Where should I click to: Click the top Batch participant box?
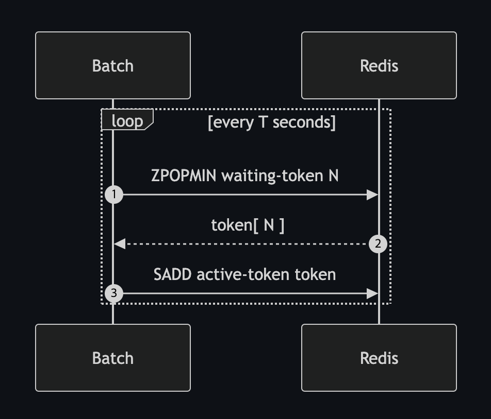(x=113, y=65)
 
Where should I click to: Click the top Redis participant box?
(x=379, y=65)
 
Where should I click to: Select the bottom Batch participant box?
(x=113, y=358)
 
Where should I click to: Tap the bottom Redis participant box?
(x=379, y=358)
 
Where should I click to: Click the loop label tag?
(x=127, y=119)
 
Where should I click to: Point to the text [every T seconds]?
(x=271, y=122)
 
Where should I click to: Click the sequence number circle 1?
(x=114, y=195)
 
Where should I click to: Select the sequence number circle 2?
(x=378, y=243)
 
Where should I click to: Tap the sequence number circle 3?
(x=114, y=293)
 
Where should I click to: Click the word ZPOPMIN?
(x=184, y=176)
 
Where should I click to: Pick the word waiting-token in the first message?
(x=272, y=176)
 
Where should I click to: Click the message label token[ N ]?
(x=248, y=225)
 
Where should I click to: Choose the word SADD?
(x=172, y=275)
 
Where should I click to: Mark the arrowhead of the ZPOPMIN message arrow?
(x=372, y=195)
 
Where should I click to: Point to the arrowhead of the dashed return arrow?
(x=120, y=243)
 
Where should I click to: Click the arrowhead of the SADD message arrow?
(x=372, y=293)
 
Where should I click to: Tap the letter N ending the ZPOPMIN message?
(x=334, y=176)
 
